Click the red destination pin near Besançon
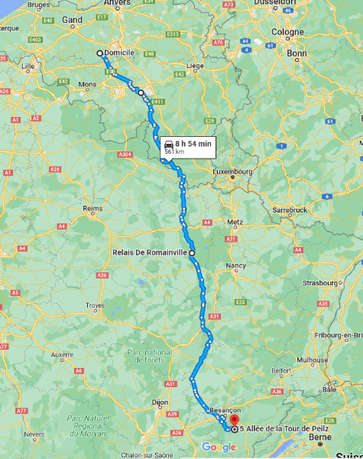235,419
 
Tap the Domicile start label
120,52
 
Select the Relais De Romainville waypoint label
150,252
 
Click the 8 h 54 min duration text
193,143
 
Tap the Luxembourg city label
232,172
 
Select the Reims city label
92,208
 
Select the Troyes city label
96,305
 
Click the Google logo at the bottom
219,447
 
